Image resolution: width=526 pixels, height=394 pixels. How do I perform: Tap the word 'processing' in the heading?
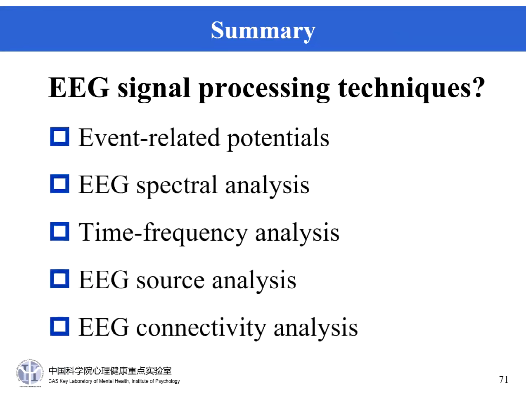[x=264, y=89]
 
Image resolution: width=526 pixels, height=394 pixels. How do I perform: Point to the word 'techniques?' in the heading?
[x=411, y=88]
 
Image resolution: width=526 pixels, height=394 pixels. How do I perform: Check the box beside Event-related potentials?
[x=60, y=136]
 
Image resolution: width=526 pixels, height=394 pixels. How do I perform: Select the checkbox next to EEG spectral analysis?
[x=60, y=184]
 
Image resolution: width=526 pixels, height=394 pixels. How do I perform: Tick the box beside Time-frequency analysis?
[x=60, y=232]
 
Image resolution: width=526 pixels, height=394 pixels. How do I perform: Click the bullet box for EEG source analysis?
[x=60, y=279]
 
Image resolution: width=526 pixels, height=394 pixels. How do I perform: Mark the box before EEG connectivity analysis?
[x=60, y=326]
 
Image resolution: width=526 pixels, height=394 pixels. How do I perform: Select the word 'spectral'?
[x=177, y=185]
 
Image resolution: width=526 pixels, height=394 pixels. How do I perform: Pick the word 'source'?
[x=170, y=280]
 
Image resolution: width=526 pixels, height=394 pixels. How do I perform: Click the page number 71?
[x=504, y=380]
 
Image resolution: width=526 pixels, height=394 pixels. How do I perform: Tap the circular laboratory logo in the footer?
[x=30, y=373]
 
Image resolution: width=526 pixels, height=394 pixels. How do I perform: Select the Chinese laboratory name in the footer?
[x=110, y=371]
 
